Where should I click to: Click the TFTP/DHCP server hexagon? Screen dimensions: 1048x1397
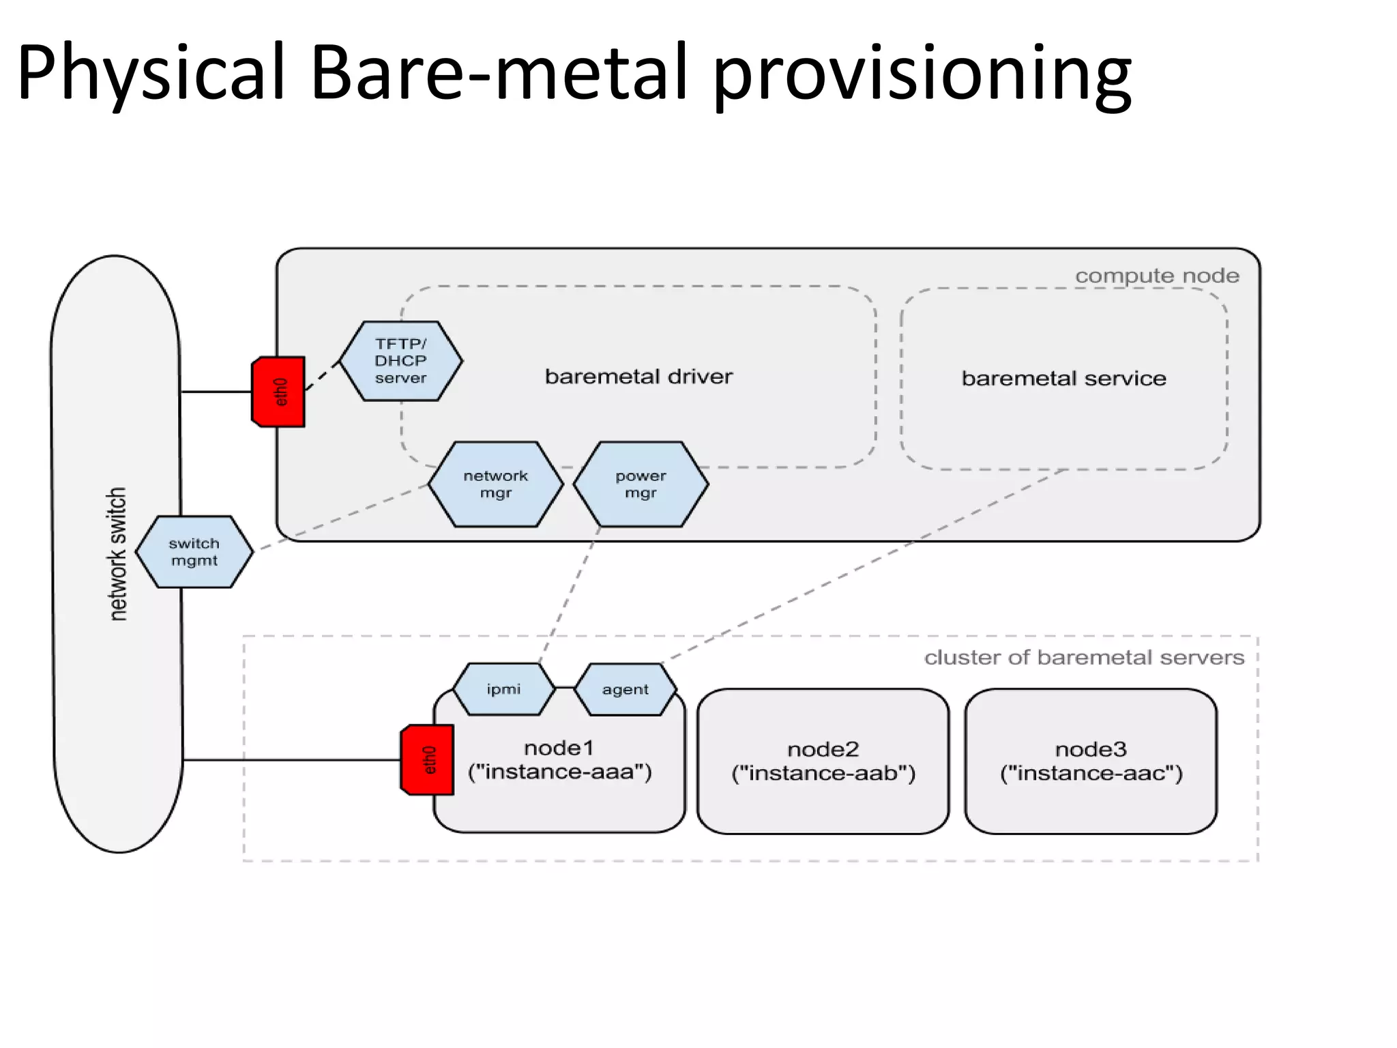coord(401,361)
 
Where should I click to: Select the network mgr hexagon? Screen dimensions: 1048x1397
coord(496,484)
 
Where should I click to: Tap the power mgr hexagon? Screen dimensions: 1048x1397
coord(641,484)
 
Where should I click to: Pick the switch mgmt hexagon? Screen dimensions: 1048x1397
coord(194,552)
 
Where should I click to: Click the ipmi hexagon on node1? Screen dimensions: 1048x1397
coord(504,689)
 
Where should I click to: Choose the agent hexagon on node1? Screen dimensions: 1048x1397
coord(626,690)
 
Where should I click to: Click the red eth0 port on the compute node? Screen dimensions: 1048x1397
coord(279,392)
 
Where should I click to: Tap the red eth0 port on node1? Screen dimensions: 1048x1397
coord(428,759)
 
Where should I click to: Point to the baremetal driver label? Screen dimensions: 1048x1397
coord(638,377)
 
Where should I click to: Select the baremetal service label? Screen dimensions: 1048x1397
coord(1063,379)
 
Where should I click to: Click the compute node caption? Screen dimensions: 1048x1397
coord(1157,276)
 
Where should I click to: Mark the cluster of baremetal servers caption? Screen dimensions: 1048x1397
coord(1084,658)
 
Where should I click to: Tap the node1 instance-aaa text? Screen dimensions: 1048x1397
coord(559,760)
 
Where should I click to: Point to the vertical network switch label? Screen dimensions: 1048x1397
coord(118,553)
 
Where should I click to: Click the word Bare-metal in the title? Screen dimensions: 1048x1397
coord(498,72)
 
